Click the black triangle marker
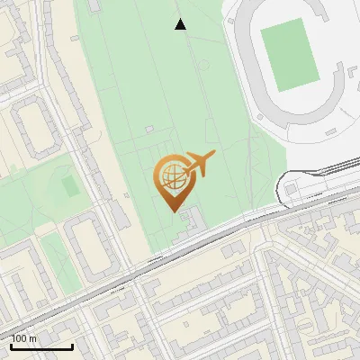click(x=180, y=24)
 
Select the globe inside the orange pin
click(x=174, y=176)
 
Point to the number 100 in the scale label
click(x=19, y=339)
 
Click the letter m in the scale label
click(x=32, y=339)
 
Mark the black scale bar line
click(x=41, y=346)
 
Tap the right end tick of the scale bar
click(x=72, y=345)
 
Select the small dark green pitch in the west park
click(x=70, y=186)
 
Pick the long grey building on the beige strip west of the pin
click(x=120, y=215)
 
